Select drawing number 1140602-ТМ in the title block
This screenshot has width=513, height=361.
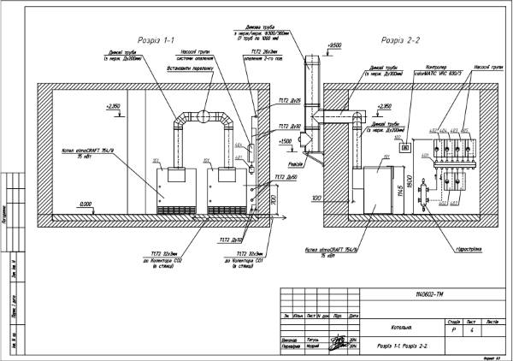click(431, 295)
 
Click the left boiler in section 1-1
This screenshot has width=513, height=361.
click(175, 190)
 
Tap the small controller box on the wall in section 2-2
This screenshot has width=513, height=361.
click(406, 148)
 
